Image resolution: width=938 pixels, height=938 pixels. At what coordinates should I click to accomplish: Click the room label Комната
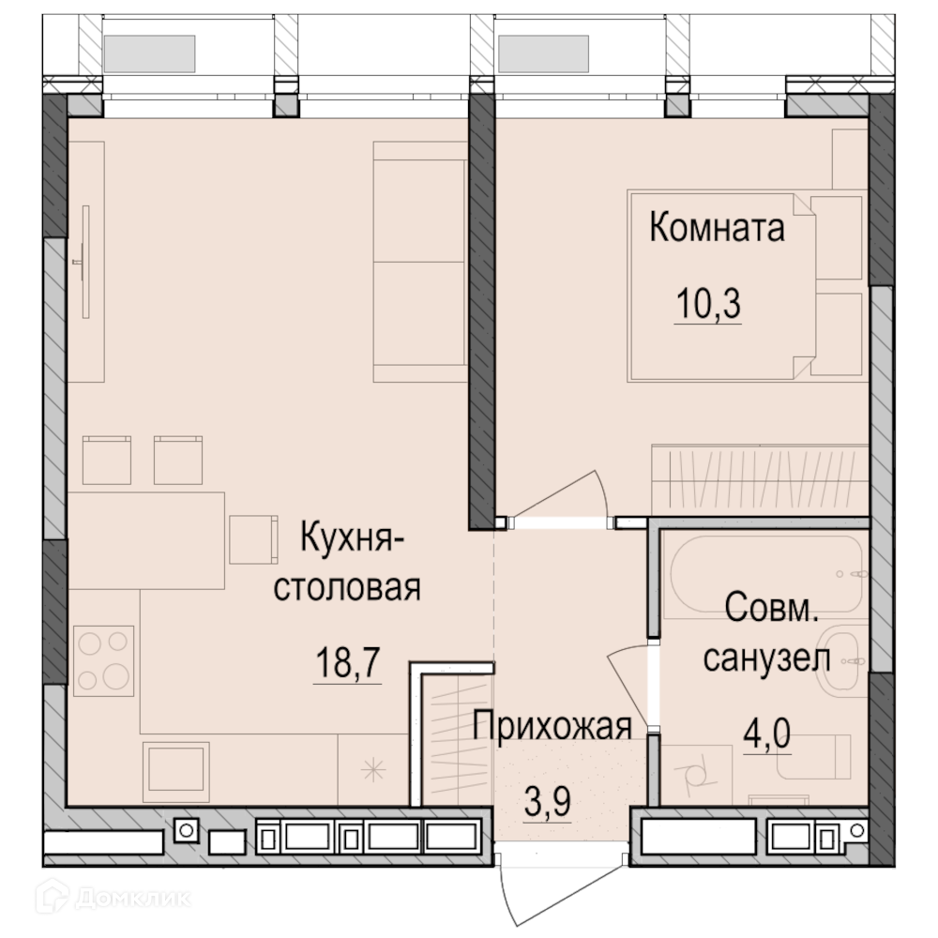(717, 228)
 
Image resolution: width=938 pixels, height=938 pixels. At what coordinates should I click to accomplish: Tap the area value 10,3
(708, 304)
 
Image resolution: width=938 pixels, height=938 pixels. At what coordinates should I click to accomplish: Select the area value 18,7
(348, 663)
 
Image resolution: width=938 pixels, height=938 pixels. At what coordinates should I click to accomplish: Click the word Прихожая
(552, 726)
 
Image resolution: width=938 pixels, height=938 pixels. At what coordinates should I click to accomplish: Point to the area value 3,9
(548, 802)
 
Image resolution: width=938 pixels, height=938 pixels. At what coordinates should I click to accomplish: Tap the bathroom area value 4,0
(767, 734)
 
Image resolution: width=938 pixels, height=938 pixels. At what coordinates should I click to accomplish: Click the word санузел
(767, 659)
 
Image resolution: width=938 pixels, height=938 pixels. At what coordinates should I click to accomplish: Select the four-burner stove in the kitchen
(103, 661)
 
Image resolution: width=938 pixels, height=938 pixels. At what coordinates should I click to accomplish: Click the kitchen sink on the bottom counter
(176, 772)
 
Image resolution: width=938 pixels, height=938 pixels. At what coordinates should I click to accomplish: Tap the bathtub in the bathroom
(766, 575)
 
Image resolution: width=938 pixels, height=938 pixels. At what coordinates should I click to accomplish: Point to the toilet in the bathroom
(813, 757)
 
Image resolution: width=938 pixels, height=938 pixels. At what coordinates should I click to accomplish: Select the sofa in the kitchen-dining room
(420, 262)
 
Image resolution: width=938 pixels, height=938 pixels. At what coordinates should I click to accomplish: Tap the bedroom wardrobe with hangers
(760, 479)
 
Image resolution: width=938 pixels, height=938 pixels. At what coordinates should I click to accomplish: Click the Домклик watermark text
(133, 898)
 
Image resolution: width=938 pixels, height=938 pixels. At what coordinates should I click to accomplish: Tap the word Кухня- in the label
(353, 537)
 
